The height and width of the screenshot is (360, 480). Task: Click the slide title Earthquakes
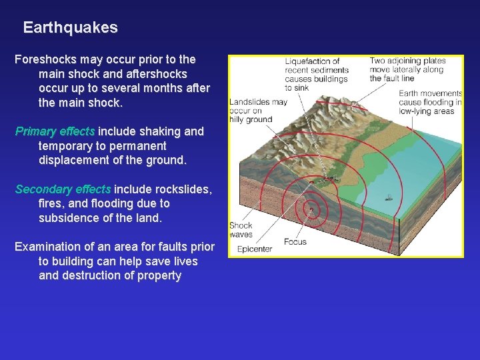pos(70,28)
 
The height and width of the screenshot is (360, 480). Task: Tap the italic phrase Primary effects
pos(55,131)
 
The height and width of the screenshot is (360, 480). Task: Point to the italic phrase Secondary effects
pos(63,189)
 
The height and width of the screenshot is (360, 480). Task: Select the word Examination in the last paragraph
pos(50,247)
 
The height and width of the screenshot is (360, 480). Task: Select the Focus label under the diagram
pos(295,241)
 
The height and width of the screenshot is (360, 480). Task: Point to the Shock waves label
pos(241,230)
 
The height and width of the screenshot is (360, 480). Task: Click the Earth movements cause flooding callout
pos(430,102)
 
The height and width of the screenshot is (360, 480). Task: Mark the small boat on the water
pos(388,198)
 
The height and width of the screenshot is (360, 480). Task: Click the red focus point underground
pos(310,209)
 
